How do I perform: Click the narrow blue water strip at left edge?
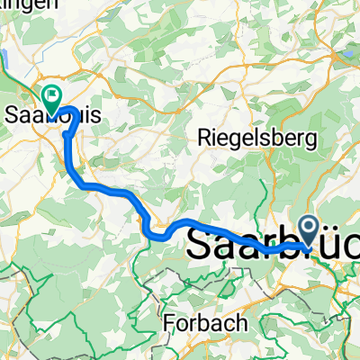click(x=3, y=63)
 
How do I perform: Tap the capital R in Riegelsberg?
click(x=202, y=139)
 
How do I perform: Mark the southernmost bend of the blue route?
click(x=155, y=238)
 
